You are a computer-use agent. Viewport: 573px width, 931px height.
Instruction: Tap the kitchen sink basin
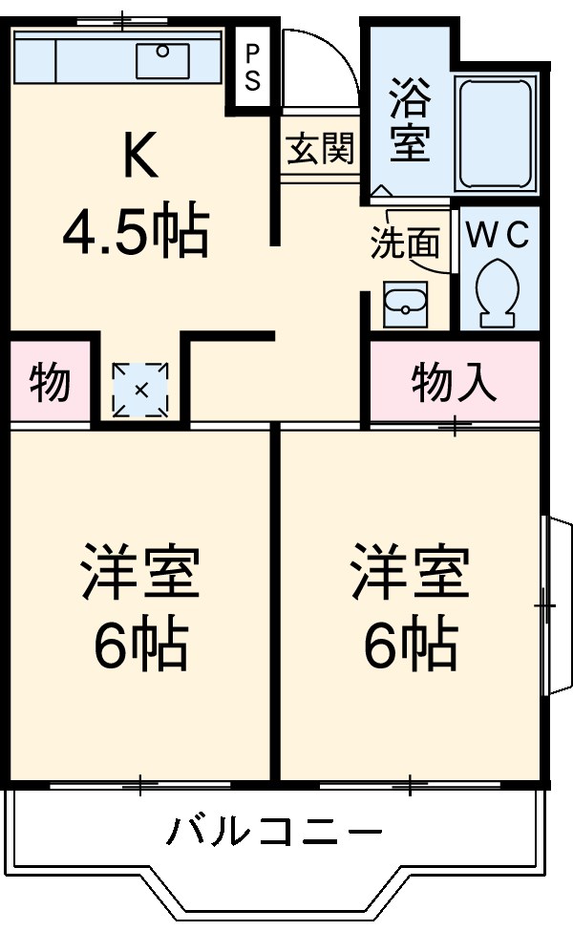coord(162,61)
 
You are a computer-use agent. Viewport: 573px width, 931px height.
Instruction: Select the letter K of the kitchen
coord(140,158)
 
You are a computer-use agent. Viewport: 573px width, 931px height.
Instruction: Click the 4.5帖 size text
coord(137,232)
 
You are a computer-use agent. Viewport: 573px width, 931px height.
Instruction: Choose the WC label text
coord(498,237)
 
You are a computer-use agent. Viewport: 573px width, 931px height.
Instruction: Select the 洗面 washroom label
coord(406,243)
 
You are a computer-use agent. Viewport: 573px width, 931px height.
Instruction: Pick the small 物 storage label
coord(50,383)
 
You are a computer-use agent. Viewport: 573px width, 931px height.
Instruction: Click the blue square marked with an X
coord(140,390)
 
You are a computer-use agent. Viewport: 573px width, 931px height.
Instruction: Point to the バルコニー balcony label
coord(274,833)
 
